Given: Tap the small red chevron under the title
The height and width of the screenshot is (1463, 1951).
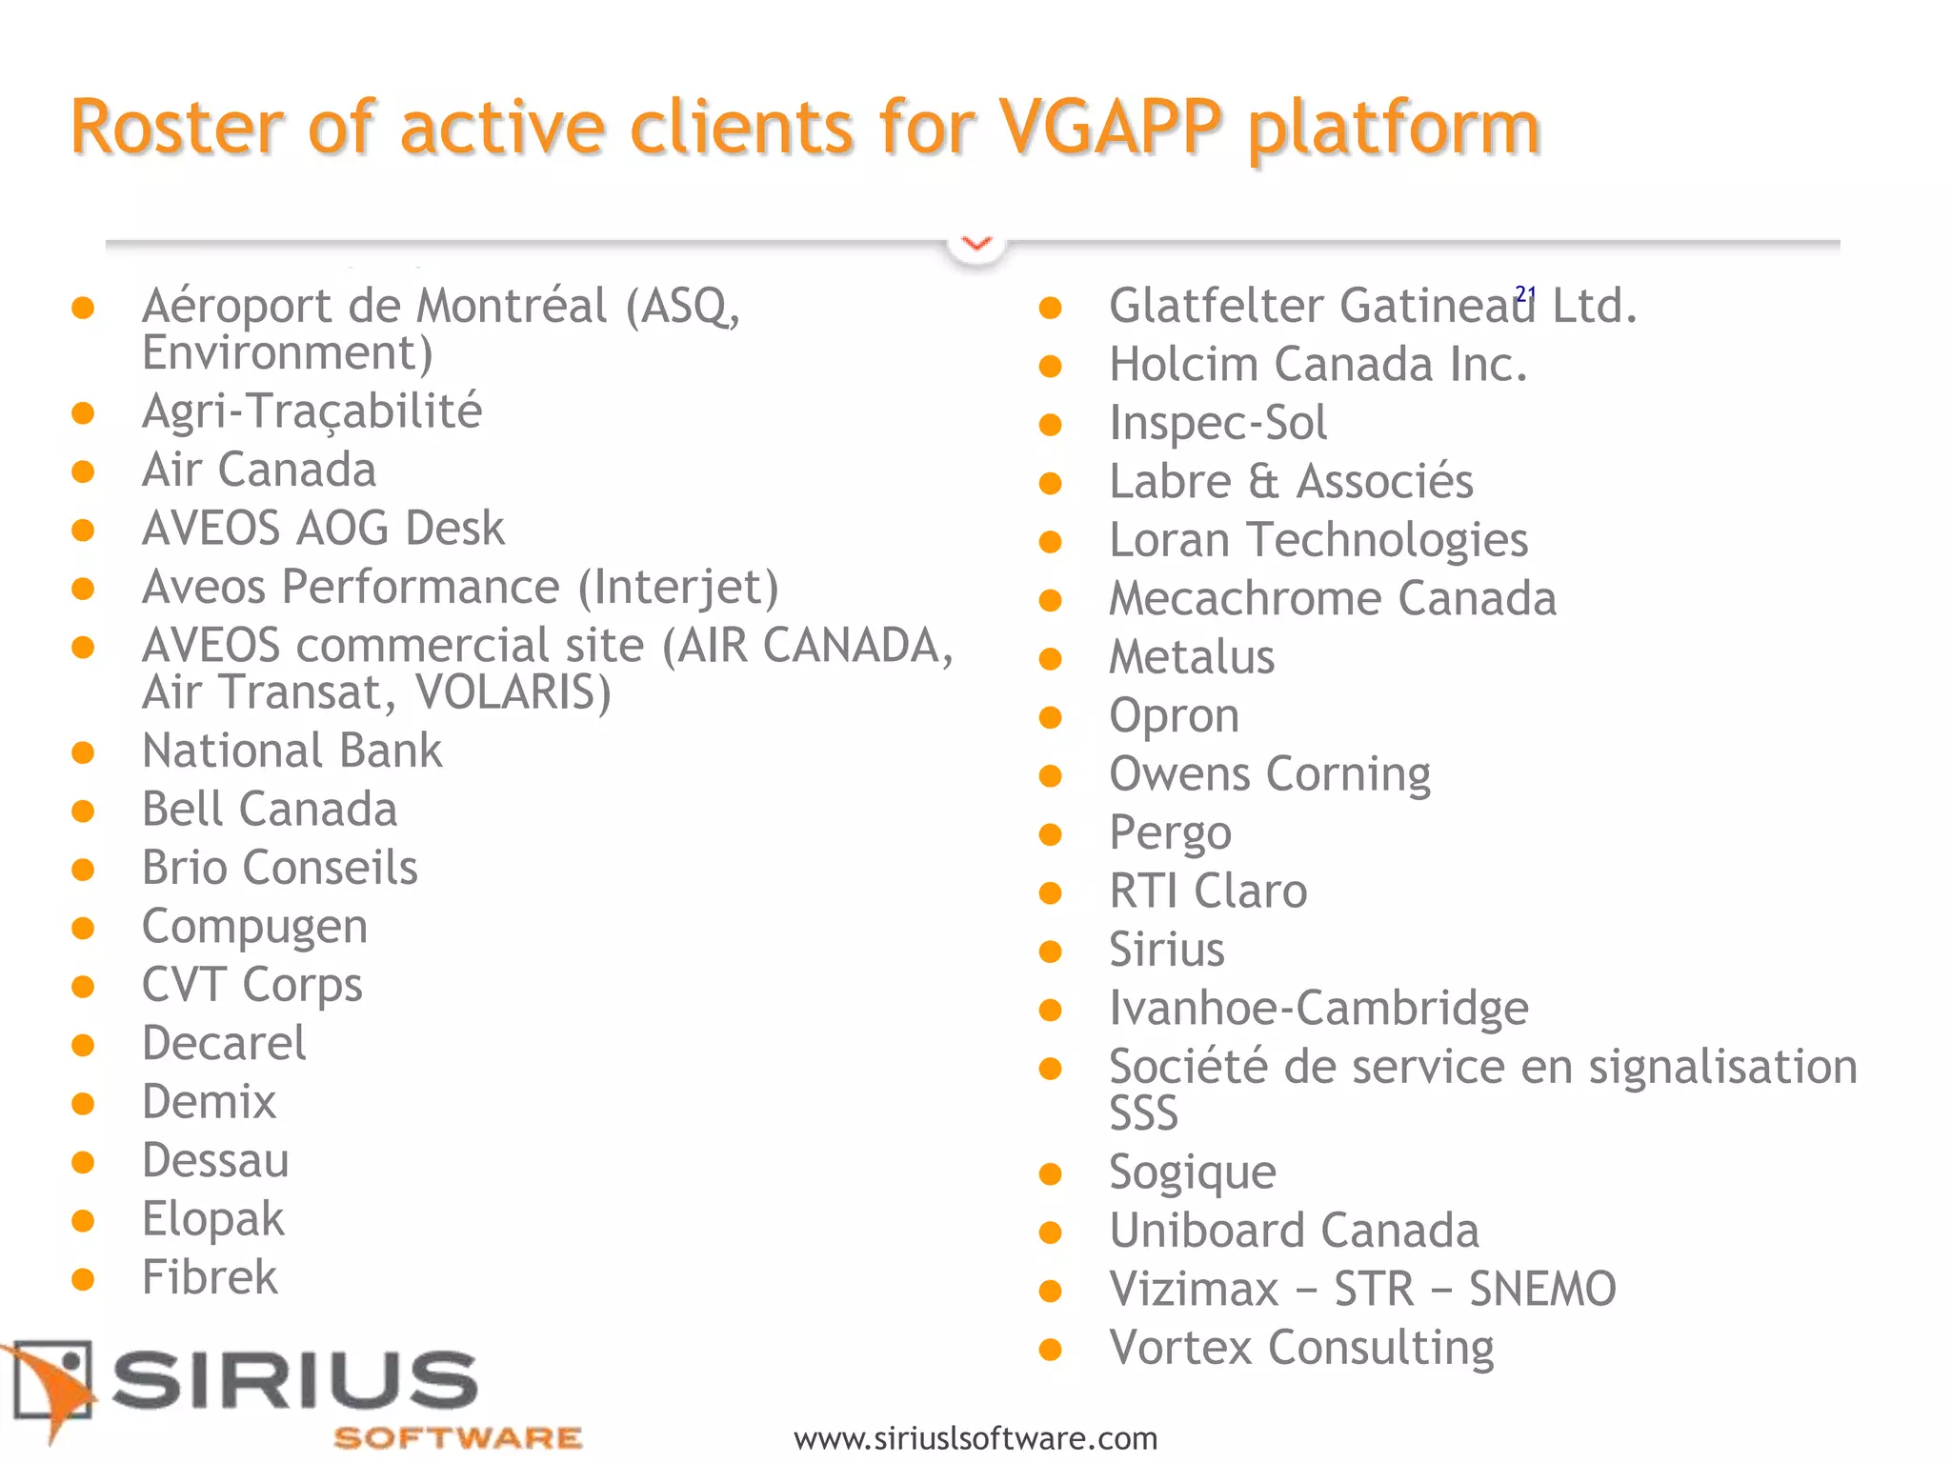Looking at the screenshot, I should click(x=976, y=244).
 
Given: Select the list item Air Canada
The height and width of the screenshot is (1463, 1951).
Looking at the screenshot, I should click(x=258, y=470).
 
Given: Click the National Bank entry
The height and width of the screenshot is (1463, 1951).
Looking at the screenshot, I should click(x=292, y=751).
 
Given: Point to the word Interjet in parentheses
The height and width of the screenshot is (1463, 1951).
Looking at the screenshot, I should click(x=678, y=587).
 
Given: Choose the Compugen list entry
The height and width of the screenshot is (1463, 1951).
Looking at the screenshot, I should click(x=254, y=927).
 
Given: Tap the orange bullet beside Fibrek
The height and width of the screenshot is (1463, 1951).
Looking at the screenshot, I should click(x=83, y=1279).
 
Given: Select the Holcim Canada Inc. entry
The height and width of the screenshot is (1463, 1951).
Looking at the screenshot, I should click(x=1317, y=365).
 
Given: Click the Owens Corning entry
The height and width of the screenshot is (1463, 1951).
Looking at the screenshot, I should click(x=1269, y=774).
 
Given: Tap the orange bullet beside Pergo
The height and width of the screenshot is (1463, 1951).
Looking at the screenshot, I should click(x=1050, y=835).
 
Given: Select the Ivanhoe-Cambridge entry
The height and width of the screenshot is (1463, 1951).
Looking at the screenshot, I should click(x=1318, y=1009).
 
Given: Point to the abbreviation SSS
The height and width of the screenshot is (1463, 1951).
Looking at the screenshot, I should click(x=1143, y=1113).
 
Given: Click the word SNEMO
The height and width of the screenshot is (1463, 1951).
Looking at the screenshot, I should click(x=1542, y=1290).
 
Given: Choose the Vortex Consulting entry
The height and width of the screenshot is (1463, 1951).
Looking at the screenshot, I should click(x=1301, y=1348).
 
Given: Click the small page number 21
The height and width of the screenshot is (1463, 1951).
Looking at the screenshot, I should click(x=1525, y=293).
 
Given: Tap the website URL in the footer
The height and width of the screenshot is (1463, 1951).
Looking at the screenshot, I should click(x=975, y=1438).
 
